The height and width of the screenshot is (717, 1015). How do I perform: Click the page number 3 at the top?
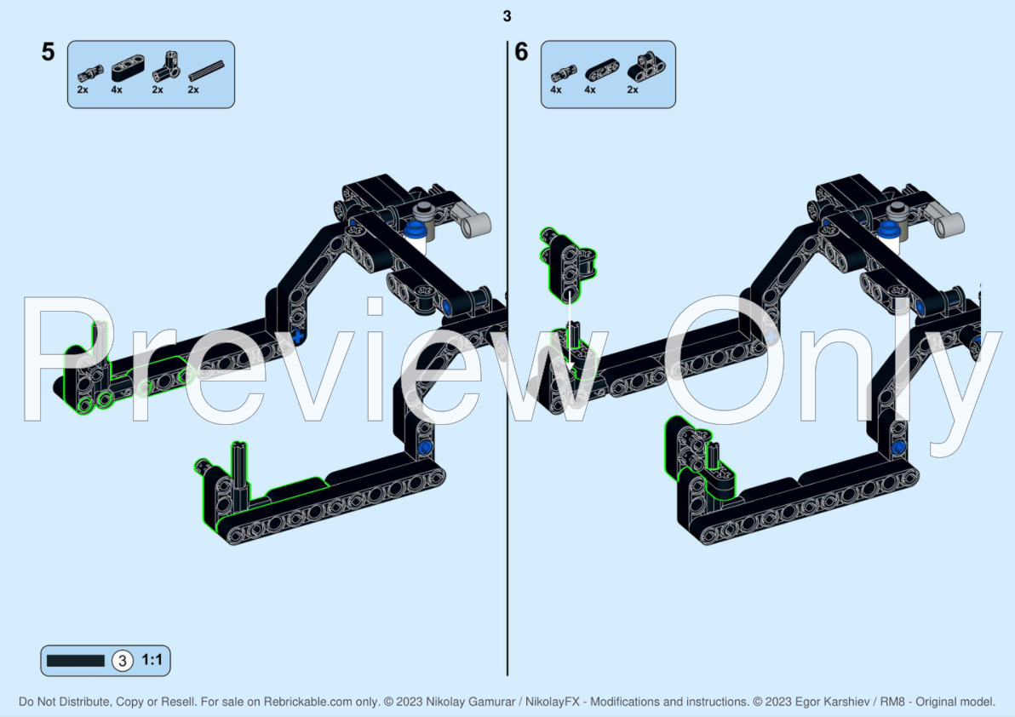[507, 16]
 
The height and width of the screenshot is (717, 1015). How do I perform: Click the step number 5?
[48, 52]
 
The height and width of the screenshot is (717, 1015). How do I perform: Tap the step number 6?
[522, 52]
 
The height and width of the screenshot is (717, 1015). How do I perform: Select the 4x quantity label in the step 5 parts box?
[117, 90]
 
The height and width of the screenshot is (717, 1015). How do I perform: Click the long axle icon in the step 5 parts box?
[206, 71]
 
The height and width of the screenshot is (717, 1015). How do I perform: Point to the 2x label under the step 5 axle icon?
[193, 90]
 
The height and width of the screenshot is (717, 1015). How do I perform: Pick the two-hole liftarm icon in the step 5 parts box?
[128, 67]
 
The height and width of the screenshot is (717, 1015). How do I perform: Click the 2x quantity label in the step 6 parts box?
[633, 90]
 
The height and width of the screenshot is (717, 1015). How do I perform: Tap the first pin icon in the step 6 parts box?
[564, 74]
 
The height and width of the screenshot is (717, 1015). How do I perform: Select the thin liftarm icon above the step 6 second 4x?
[602, 70]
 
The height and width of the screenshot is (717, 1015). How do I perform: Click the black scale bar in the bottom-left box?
[75, 661]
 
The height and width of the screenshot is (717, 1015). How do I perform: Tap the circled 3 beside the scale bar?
[122, 661]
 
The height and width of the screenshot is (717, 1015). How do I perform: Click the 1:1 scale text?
[152, 660]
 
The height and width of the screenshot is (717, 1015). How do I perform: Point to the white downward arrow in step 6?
[570, 333]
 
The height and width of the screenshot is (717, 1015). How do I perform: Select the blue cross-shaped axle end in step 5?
[297, 336]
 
